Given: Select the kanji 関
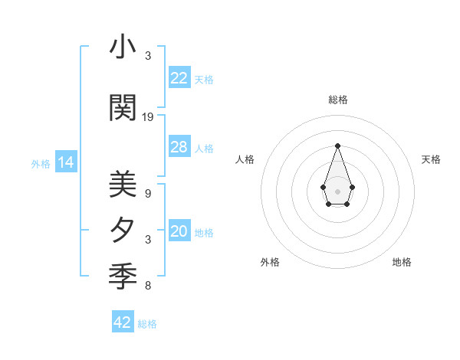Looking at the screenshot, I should click(x=123, y=107).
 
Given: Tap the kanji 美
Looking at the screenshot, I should click(x=123, y=185).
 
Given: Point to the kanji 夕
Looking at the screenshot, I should click(x=123, y=230).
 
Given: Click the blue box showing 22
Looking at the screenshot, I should click(x=179, y=78).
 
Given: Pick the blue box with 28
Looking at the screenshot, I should click(x=179, y=147).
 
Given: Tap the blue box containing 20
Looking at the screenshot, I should click(x=179, y=232).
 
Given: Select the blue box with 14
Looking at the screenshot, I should click(x=66, y=162).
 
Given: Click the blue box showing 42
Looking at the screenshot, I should click(x=123, y=322).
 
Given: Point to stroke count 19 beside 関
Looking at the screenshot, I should click(x=148, y=116).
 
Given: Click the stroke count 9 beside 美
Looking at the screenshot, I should click(x=148, y=194).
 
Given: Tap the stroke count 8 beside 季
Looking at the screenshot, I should click(x=148, y=286).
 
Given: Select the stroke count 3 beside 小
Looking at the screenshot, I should click(x=148, y=56).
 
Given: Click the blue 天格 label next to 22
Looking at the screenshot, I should click(x=204, y=79).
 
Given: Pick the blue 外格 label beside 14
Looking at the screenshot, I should click(x=41, y=163).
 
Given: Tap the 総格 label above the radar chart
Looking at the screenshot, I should click(x=337, y=100).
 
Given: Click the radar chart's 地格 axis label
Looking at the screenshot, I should click(x=402, y=262).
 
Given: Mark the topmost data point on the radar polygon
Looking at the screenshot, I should click(x=337, y=145).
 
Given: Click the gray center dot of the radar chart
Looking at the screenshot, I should click(x=337, y=191).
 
